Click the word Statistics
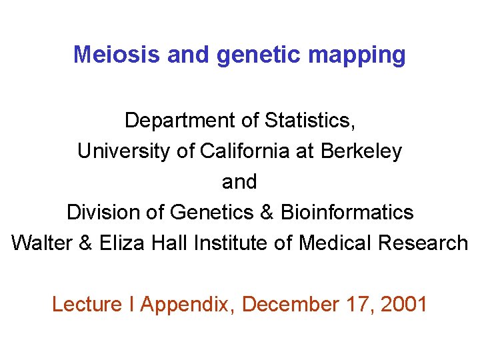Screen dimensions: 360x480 pos(310,121)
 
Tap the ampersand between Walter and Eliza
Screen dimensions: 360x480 pos(85,243)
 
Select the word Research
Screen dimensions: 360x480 pos(423,243)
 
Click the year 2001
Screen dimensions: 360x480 pos(403,305)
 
